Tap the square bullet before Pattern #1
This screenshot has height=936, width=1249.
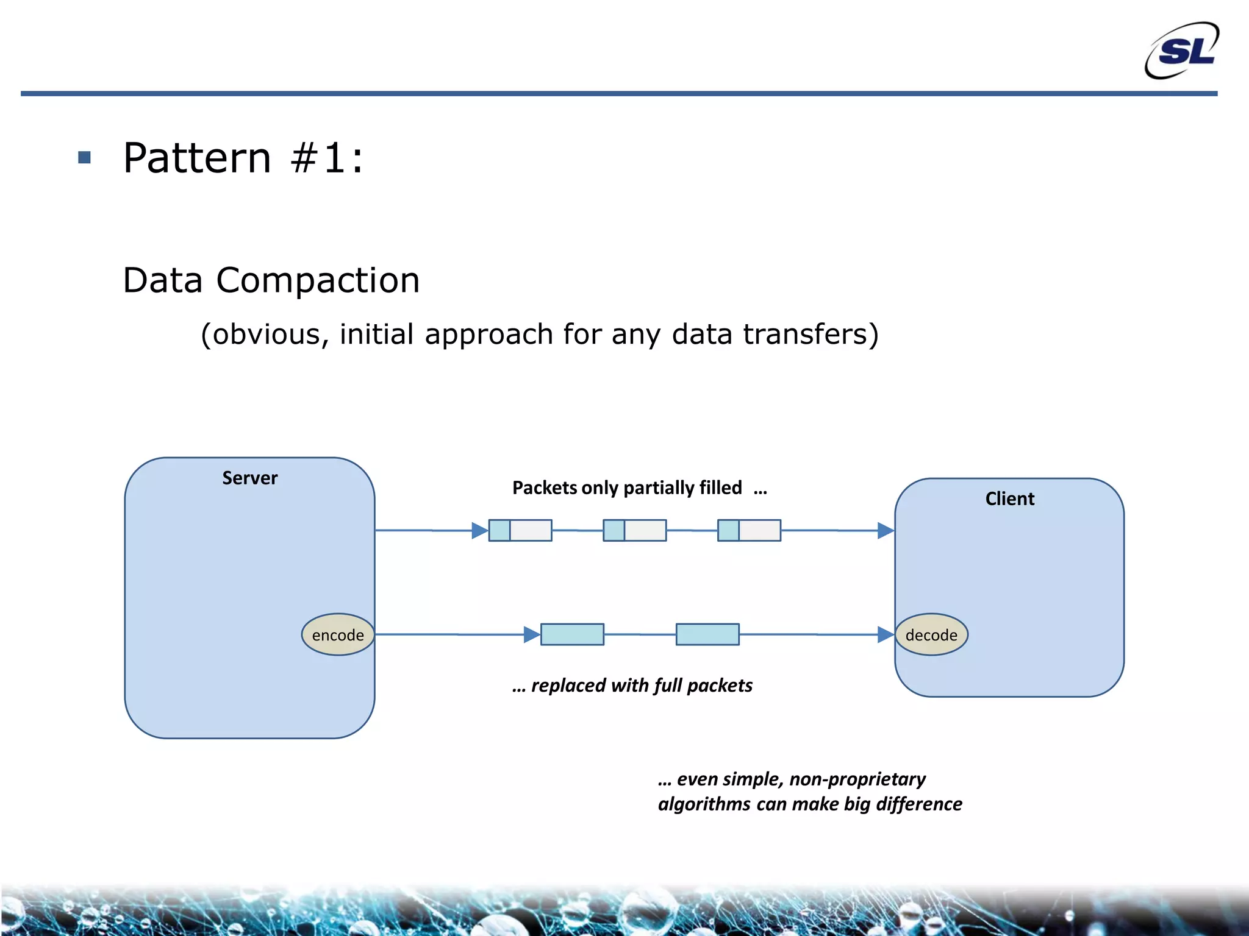[x=85, y=158]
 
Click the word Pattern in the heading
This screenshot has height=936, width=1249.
[x=197, y=158]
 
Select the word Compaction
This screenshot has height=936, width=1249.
[x=318, y=280]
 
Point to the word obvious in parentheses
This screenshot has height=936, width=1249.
[x=266, y=335]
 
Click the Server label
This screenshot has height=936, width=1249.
[x=249, y=478]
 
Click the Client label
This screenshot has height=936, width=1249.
[x=1009, y=498]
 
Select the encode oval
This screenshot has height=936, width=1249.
[x=338, y=635]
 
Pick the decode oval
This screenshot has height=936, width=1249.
[x=931, y=635]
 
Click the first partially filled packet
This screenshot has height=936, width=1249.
[x=520, y=530]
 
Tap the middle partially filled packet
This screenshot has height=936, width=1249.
[x=634, y=530]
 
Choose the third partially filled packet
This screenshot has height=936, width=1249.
[x=749, y=530]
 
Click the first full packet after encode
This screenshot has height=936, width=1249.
[x=572, y=634]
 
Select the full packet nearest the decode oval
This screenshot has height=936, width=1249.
[x=707, y=634]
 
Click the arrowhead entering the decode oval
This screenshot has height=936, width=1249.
[x=886, y=634]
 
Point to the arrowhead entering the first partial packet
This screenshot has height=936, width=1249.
[x=479, y=531]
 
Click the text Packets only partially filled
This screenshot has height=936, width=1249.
[x=627, y=487]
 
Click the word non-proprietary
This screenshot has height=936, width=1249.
[x=857, y=779]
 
